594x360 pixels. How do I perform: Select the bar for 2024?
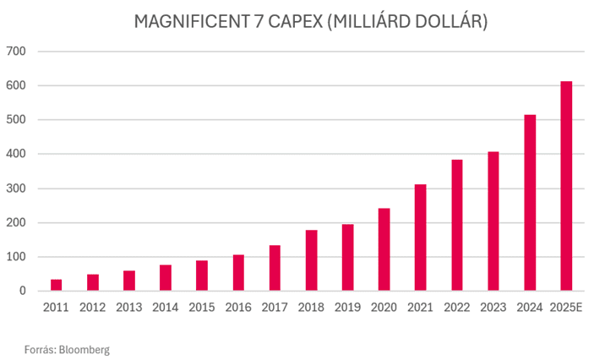pyautogui.click(x=531, y=203)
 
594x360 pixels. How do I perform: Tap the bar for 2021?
pyautogui.click(x=421, y=237)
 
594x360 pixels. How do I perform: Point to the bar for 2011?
pyautogui.click(x=56, y=286)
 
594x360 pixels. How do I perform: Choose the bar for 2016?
pyautogui.click(x=238, y=273)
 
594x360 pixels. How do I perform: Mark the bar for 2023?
pyautogui.click(x=494, y=221)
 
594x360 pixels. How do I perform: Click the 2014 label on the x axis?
pyautogui.click(x=166, y=307)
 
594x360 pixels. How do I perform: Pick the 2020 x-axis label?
pyautogui.click(x=384, y=307)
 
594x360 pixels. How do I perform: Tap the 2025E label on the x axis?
pyautogui.click(x=567, y=307)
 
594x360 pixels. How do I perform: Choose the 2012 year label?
pyautogui.click(x=93, y=307)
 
